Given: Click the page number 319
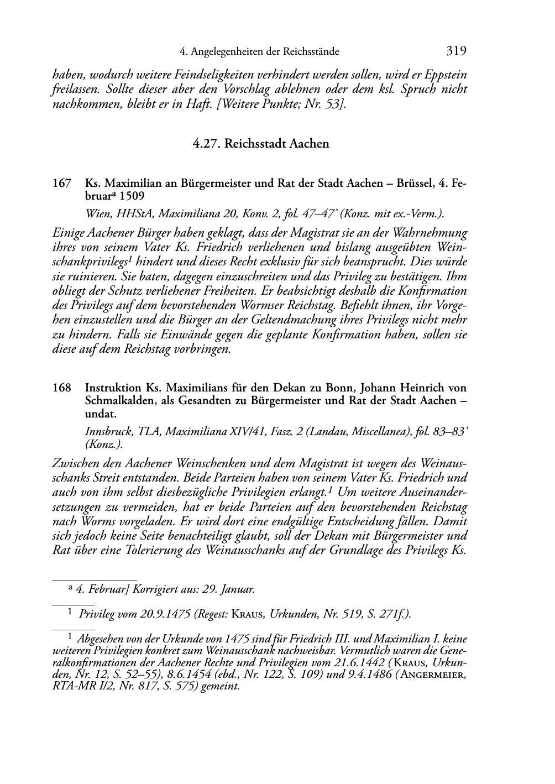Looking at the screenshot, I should click(x=456, y=51).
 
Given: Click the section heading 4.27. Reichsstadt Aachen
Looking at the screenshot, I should click(x=261, y=144).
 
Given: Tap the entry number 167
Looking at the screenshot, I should click(x=61, y=183).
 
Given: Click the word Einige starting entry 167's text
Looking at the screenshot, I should click(x=67, y=233).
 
